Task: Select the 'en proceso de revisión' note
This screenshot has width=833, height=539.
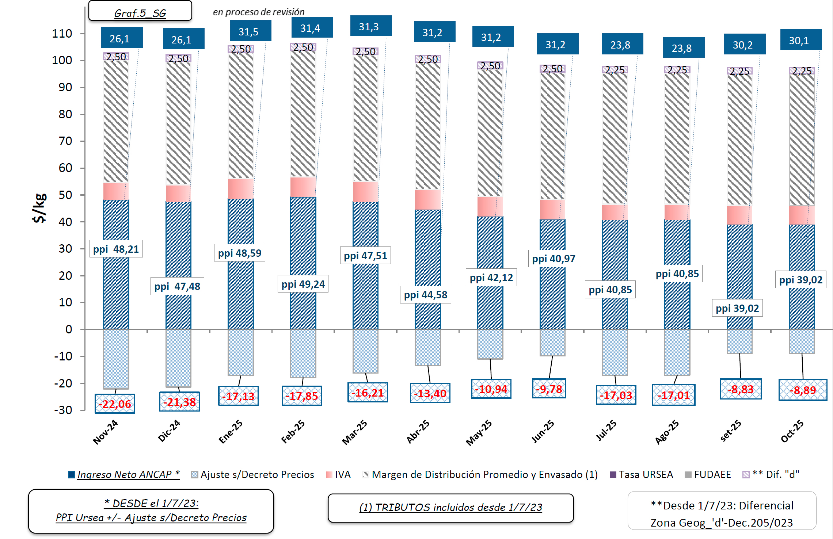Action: [259, 12]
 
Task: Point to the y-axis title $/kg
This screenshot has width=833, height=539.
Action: [39, 208]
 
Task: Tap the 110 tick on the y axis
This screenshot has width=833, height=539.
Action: [62, 34]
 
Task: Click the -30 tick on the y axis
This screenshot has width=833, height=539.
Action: [63, 410]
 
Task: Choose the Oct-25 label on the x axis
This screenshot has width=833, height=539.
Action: [792, 431]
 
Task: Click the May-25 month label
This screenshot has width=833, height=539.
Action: [479, 433]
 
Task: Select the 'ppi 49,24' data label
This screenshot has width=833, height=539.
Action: [303, 284]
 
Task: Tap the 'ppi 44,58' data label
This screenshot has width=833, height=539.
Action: [426, 295]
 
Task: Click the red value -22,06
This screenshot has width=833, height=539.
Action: [115, 404]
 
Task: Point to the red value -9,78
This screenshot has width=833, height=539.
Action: [549, 389]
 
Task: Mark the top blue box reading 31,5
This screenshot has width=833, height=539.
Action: [250, 32]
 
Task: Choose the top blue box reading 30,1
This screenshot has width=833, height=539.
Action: [800, 40]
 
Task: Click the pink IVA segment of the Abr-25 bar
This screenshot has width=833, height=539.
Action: [428, 200]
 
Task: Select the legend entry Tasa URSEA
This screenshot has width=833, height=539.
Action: [642, 474]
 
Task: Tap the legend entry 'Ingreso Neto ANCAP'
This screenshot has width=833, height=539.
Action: [124, 474]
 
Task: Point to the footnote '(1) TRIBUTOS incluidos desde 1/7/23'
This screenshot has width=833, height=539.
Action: [450, 507]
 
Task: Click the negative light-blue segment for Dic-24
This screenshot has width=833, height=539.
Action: [178, 358]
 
